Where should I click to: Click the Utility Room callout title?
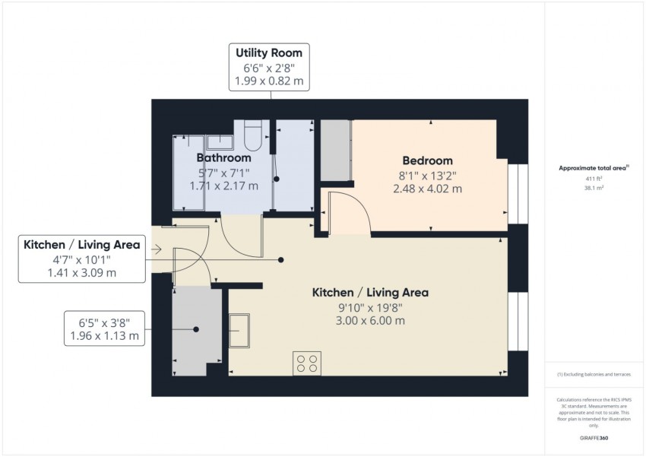click(269, 52)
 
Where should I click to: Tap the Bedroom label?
click(428, 160)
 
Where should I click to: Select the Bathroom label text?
click(223, 158)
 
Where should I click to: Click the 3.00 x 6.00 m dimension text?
click(370, 321)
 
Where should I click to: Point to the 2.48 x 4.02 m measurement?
click(428, 189)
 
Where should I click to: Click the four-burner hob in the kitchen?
click(307, 363)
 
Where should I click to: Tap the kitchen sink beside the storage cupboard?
click(239, 331)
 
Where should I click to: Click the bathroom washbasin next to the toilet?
click(220, 143)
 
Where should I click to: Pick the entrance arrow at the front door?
click(156, 249)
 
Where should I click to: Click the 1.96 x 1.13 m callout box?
click(105, 328)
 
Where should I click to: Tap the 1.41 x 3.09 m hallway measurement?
click(82, 273)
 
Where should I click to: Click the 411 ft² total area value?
click(594, 179)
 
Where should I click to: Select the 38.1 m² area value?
click(594, 188)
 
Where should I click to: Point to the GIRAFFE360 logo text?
click(594, 438)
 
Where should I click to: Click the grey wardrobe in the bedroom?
click(336, 150)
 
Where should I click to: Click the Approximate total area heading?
click(594, 168)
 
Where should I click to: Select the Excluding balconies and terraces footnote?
click(594, 375)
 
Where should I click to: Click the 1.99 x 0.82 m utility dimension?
click(269, 81)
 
